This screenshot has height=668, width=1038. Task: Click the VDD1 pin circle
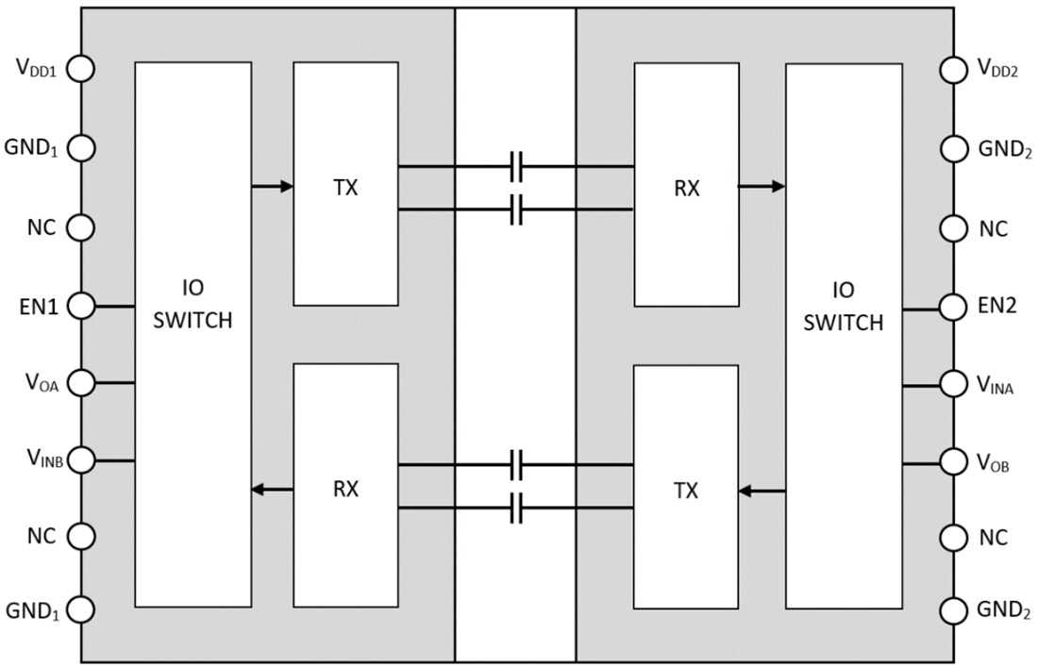(x=81, y=69)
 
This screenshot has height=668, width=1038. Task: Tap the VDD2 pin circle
(x=955, y=69)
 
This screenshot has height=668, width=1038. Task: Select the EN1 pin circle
(x=81, y=306)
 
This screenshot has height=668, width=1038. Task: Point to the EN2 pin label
(x=996, y=305)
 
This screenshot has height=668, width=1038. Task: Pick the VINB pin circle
(x=81, y=460)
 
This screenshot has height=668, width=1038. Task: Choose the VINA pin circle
(x=955, y=385)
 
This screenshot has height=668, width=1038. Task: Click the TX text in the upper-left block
(x=345, y=187)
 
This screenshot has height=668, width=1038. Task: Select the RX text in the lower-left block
(x=345, y=490)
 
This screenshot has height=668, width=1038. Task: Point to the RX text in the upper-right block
(x=686, y=188)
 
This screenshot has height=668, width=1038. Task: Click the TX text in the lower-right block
(x=686, y=491)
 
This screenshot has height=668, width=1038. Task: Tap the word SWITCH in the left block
(x=193, y=321)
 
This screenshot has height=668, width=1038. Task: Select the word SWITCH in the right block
(x=845, y=323)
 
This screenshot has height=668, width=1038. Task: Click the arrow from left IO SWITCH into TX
(x=273, y=187)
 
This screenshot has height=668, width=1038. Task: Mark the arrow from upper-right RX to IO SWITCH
(x=762, y=187)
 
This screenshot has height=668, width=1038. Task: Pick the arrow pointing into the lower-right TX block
(x=762, y=491)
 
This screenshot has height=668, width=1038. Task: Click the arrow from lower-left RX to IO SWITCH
(x=273, y=490)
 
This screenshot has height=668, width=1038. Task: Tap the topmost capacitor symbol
(x=515, y=167)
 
